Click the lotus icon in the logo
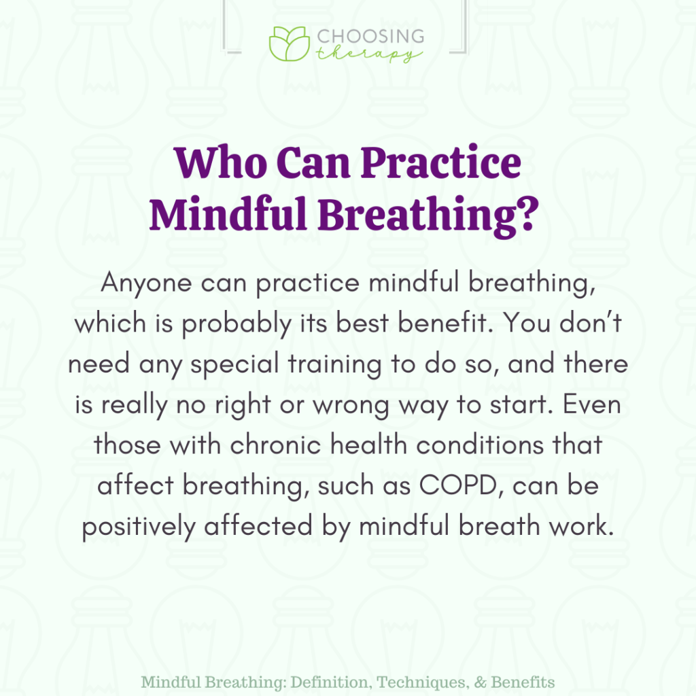coord(289,44)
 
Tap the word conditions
coord(468,446)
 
